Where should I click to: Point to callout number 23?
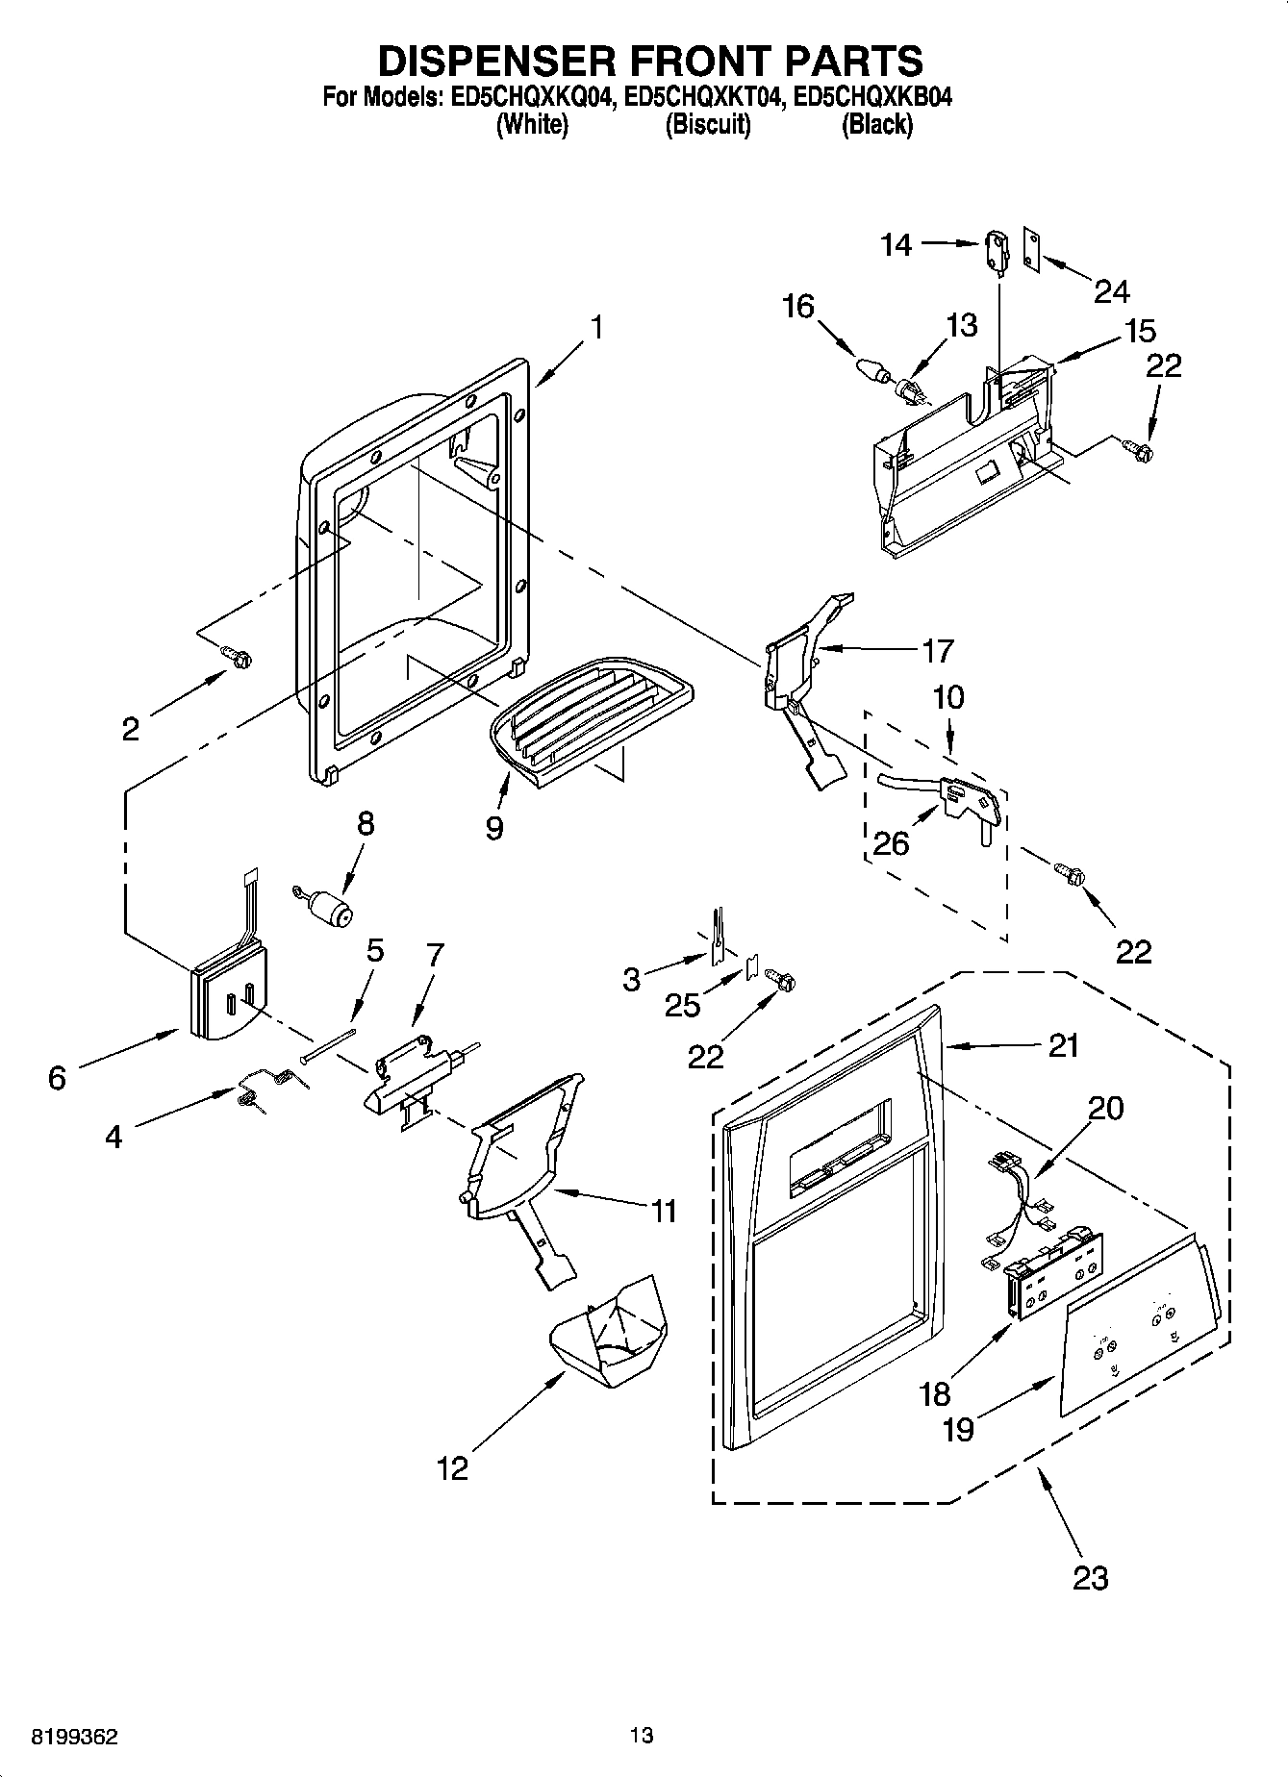point(1090,1578)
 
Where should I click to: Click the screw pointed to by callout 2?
point(237,657)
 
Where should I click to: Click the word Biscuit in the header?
point(708,125)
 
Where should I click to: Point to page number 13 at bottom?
point(642,1736)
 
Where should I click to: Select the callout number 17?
point(937,651)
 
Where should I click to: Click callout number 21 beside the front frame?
point(1063,1045)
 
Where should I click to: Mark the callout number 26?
point(890,843)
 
